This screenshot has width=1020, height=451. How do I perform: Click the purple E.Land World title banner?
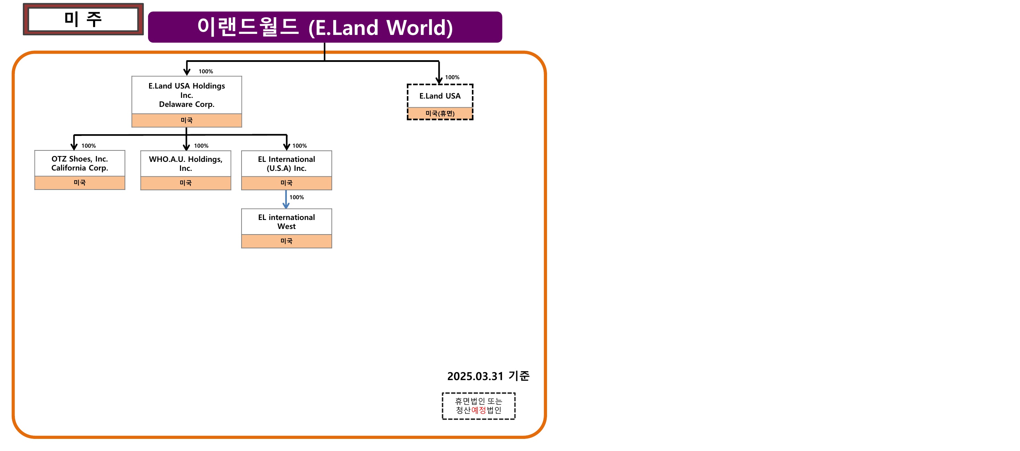[x=325, y=27]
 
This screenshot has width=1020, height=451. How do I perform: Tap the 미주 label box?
[x=83, y=19]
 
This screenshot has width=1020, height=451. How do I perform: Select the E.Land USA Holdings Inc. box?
[x=186, y=95]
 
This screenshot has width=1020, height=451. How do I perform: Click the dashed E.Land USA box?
[x=440, y=96]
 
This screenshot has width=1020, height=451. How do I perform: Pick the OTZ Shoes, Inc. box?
[x=80, y=163]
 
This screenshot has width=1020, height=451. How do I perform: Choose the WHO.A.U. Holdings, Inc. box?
[x=186, y=164]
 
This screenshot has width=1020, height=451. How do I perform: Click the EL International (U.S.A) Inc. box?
[x=286, y=164]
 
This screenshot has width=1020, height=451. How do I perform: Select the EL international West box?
[x=286, y=222]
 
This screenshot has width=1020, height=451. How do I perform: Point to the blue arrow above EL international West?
[x=286, y=199]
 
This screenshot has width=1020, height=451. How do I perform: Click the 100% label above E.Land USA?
[x=452, y=77]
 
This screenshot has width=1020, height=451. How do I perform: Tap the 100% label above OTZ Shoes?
[x=89, y=146]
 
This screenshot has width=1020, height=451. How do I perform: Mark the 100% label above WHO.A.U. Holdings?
[x=201, y=146]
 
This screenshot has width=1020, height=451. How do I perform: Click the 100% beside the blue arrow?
[x=297, y=197]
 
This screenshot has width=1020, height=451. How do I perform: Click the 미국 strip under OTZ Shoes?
[x=80, y=183]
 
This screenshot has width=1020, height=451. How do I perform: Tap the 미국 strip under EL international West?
[x=286, y=241]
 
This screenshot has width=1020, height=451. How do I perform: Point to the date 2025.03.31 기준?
[x=488, y=376]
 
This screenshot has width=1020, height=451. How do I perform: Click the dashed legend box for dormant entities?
[x=478, y=405]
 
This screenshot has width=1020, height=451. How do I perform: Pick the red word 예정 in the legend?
[x=478, y=410]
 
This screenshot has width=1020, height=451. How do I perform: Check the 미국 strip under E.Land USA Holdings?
[x=186, y=120]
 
